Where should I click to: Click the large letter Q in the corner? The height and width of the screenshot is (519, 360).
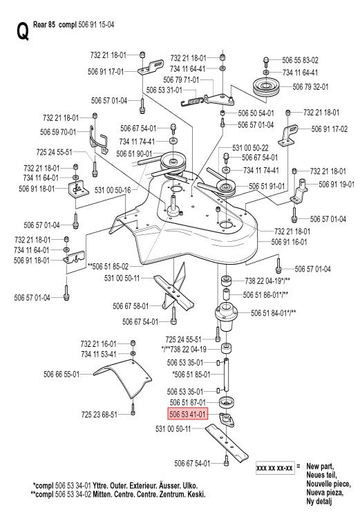tap(22, 31)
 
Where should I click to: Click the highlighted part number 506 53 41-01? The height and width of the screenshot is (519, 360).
tap(187, 414)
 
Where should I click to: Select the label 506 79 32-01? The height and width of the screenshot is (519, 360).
tap(310, 86)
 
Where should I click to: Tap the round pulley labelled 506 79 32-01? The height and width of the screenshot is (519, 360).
tap(266, 86)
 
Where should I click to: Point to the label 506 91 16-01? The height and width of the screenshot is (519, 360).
tap(290, 242)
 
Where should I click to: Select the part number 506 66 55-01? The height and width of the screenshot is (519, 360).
tap(61, 374)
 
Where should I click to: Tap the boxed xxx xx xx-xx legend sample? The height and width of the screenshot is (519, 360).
tap(275, 469)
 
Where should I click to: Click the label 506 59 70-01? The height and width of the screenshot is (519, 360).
tap(58, 132)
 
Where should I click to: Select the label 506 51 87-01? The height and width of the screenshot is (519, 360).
tap(188, 402)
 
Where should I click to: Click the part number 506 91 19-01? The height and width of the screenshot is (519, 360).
tap(337, 185)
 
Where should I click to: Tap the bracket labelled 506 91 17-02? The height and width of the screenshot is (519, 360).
tap(289, 135)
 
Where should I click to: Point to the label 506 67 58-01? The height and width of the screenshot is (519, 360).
tap(131, 306)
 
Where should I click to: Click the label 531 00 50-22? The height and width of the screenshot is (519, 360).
tap(250, 148)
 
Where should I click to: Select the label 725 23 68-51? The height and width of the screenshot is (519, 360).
tap(100, 415)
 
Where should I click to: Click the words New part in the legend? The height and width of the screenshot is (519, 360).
tap(320, 466)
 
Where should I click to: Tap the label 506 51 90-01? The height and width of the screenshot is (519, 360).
tap(134, 154)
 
